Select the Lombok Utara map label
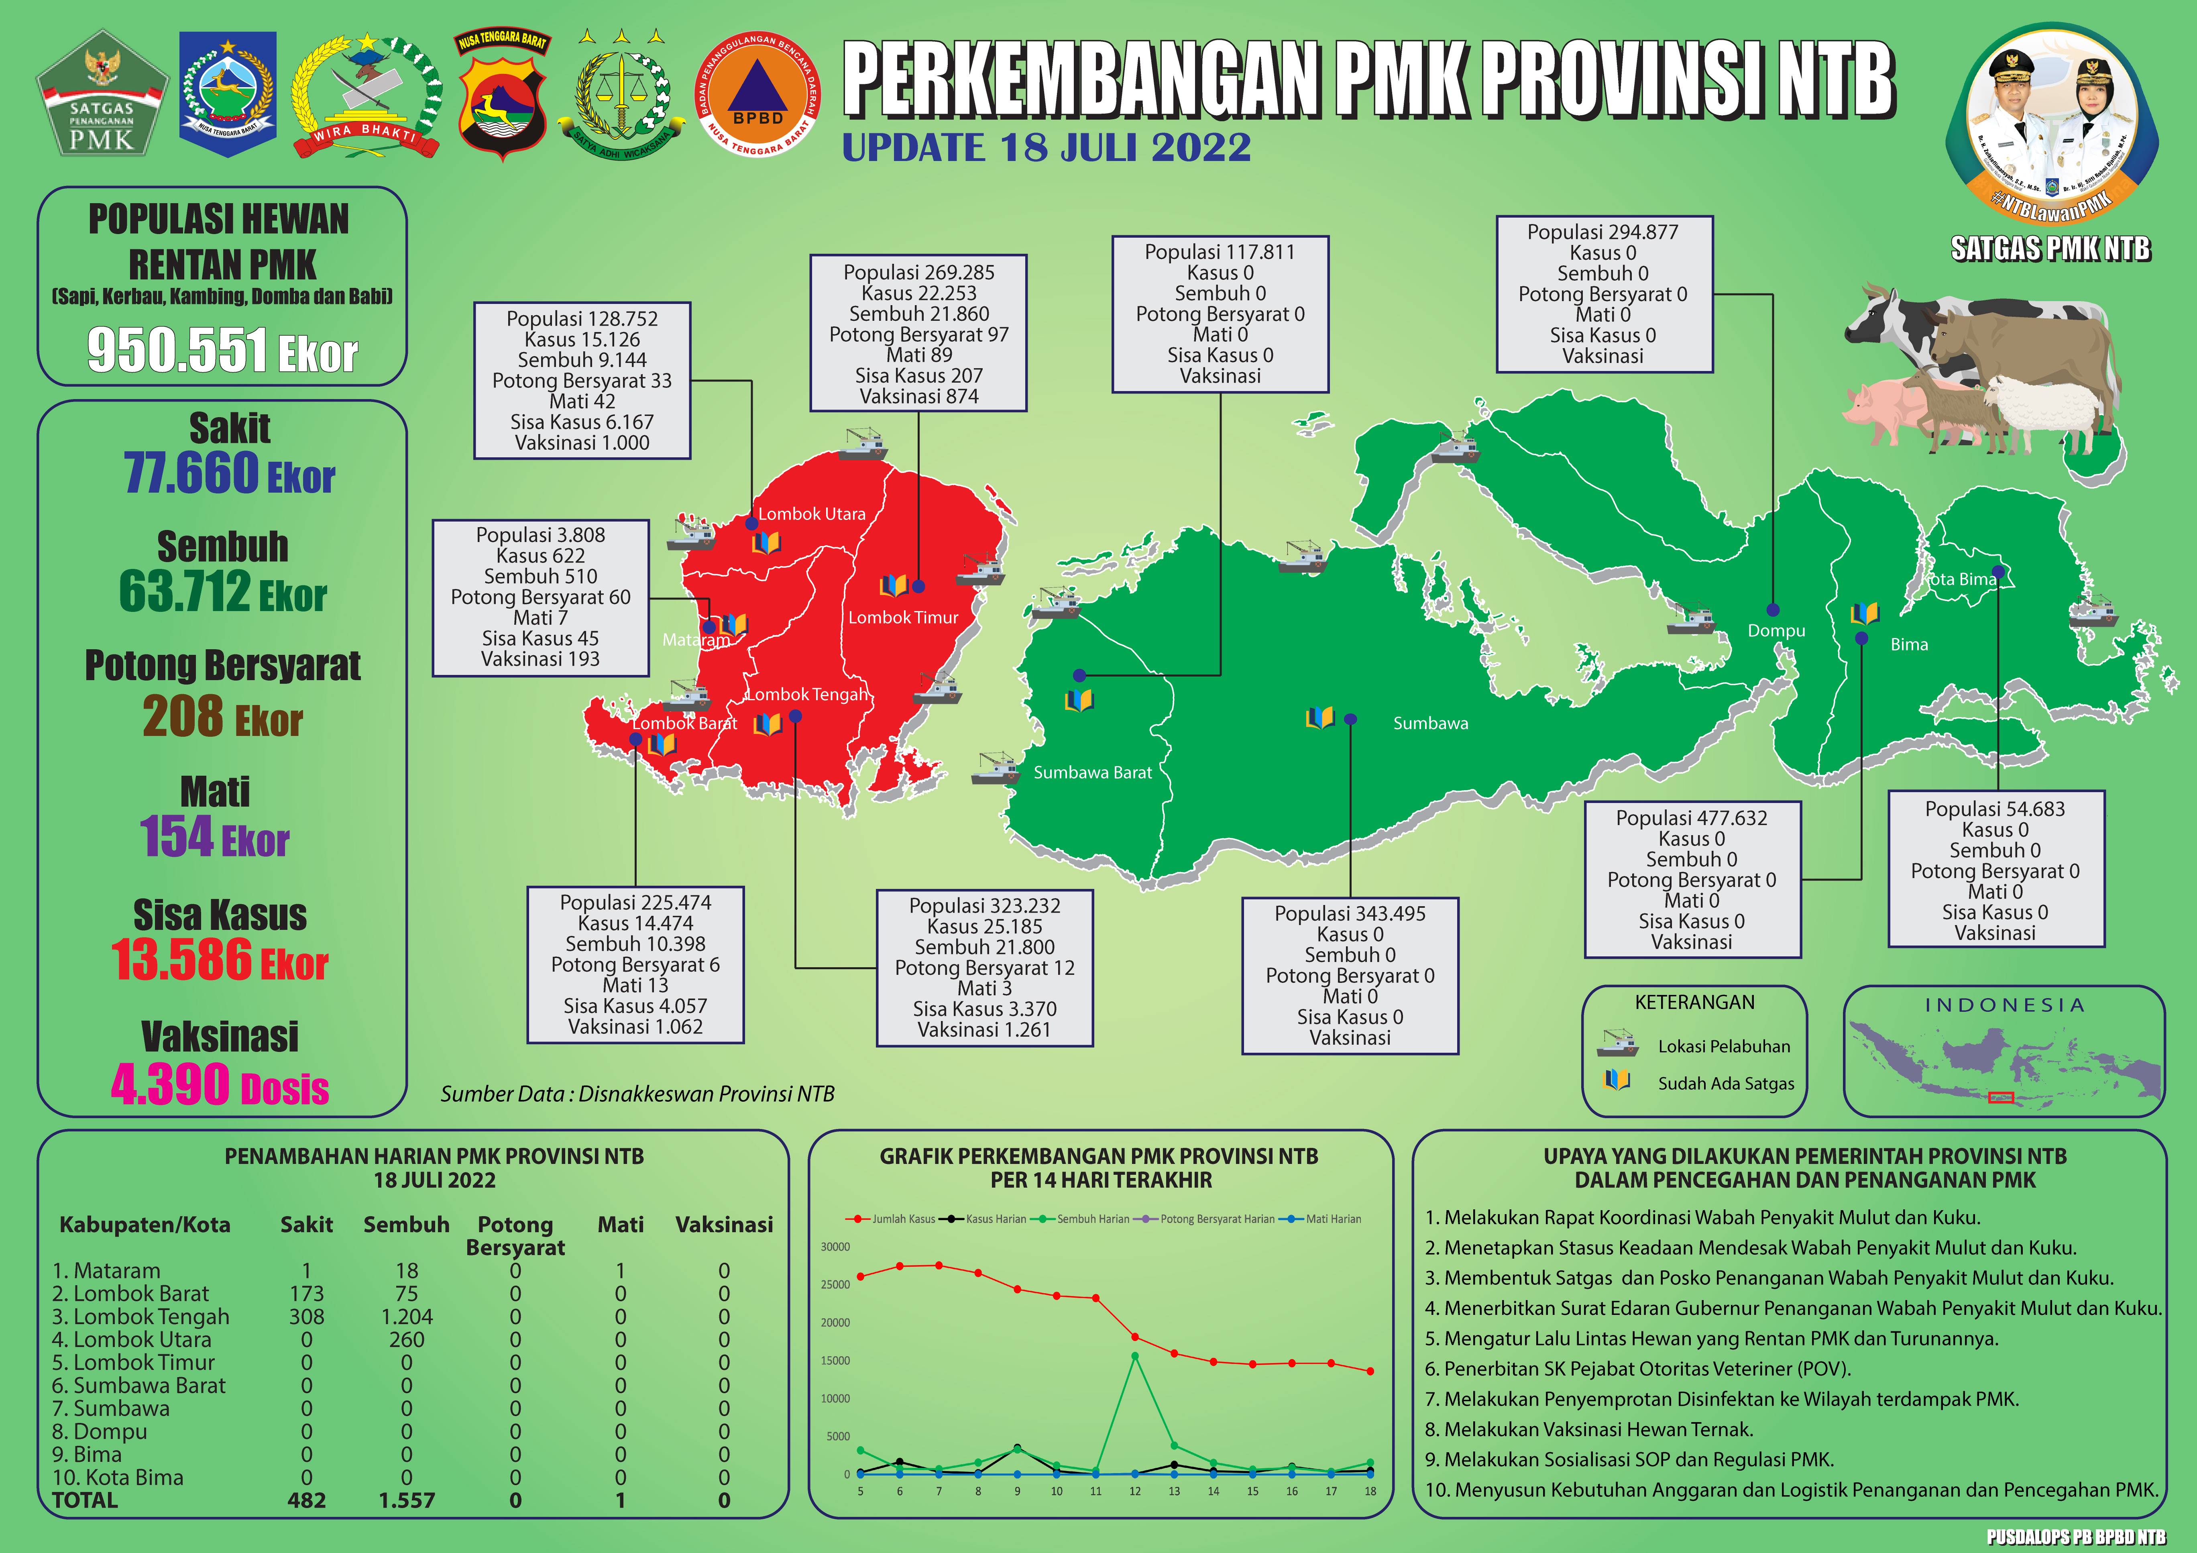(811, 514)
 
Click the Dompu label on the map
(1776, 631)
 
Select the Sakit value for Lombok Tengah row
(306, 1317)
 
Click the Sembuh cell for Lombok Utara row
(407, 1340)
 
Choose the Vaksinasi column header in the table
(723, 1225)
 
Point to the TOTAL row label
(85, 1500)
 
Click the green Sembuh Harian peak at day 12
(1135, 1356)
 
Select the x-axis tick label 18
(1370, 1491)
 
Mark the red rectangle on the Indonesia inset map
(2001, 1098)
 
